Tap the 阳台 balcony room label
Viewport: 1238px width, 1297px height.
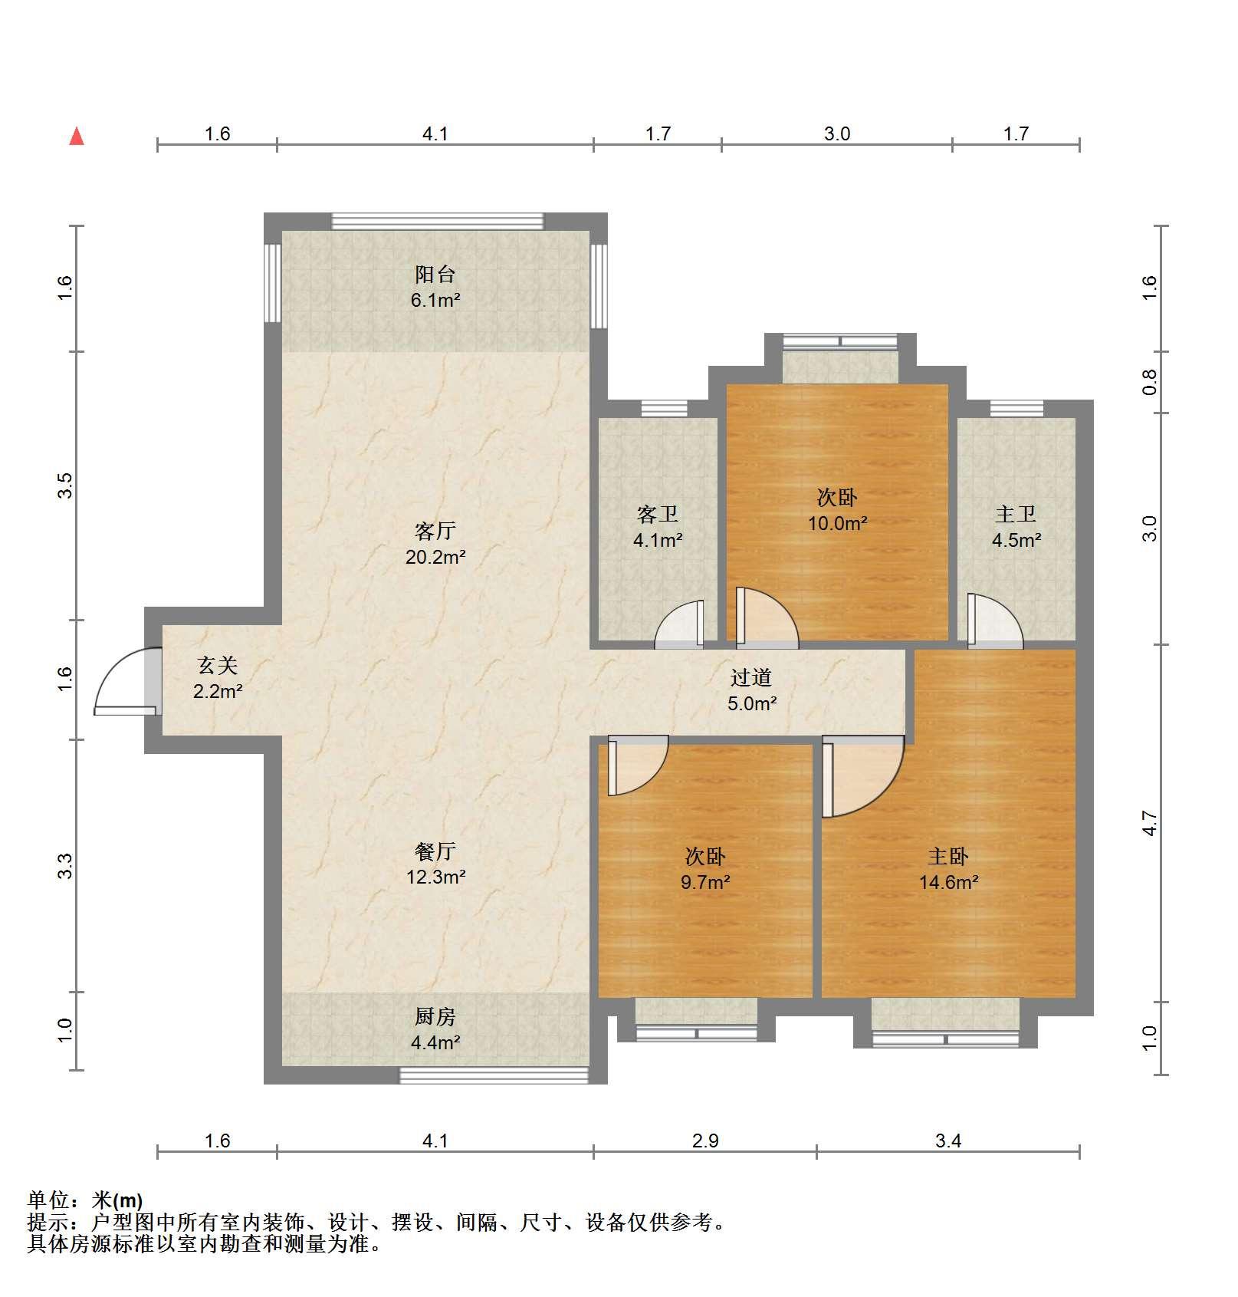435,274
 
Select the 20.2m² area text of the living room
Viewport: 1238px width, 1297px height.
435,557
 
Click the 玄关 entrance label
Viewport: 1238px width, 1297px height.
218,665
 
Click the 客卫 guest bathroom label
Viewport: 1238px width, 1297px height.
658,514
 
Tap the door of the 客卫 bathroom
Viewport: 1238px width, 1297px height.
679,624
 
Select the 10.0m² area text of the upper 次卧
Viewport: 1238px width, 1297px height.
837,524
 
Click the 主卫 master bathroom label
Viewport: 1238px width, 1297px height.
1016,514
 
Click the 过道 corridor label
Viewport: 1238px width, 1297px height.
751,677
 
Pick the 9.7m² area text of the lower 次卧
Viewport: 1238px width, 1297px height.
705,882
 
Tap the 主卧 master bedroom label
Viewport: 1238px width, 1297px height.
948,856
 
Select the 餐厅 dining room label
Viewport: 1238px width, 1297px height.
435,851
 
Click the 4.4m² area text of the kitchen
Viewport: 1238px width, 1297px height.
435,1042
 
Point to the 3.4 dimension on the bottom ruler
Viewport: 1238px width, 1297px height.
948,1141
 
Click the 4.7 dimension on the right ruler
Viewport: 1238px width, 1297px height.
1149,823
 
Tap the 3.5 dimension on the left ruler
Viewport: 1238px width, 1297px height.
66,486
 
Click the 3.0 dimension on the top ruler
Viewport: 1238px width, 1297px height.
837,134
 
